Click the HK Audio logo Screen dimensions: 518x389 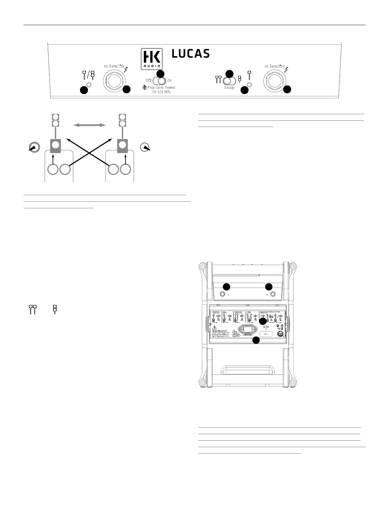coord(151,59)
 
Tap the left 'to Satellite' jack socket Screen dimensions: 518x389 coord(113,80)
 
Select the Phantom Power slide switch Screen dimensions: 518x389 coord(160,81)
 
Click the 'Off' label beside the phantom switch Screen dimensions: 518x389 coord(149,80)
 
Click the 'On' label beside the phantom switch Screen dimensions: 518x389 coord(170,80)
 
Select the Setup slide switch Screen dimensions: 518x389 coord(230,80)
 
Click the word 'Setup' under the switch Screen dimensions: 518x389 coord(229,87)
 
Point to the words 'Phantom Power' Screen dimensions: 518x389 coord(161,87)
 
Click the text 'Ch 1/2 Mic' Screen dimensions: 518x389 coord(161,92)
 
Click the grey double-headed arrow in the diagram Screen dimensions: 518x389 coord(89,125)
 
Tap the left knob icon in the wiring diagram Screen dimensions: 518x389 coord(34,148)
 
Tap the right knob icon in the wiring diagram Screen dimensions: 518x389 coord(145,148)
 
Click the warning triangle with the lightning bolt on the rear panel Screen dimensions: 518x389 coord(214,327)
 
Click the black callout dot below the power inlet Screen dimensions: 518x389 coord(256,340)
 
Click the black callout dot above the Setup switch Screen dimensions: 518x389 coord(230,73)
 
